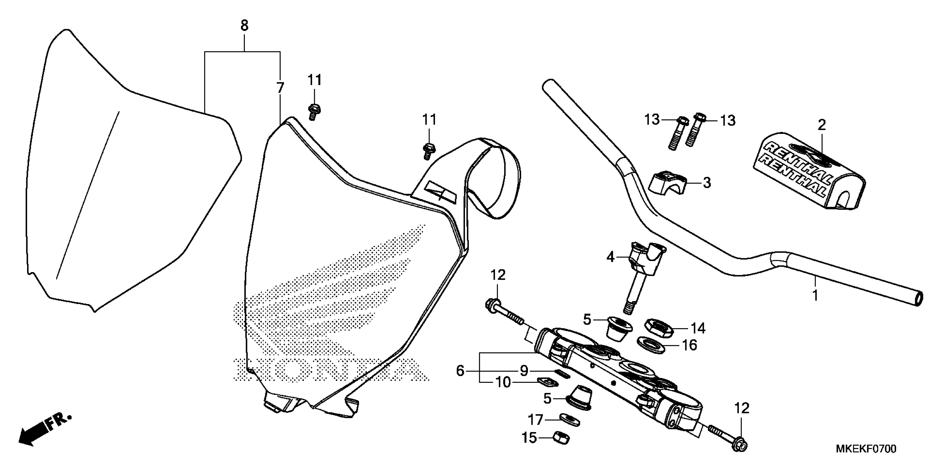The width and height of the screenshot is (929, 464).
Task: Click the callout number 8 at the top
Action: tap(244, 26)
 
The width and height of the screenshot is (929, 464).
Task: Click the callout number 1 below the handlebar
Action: tap(815, 295)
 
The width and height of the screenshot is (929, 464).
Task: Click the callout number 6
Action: tap(460, 371)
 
